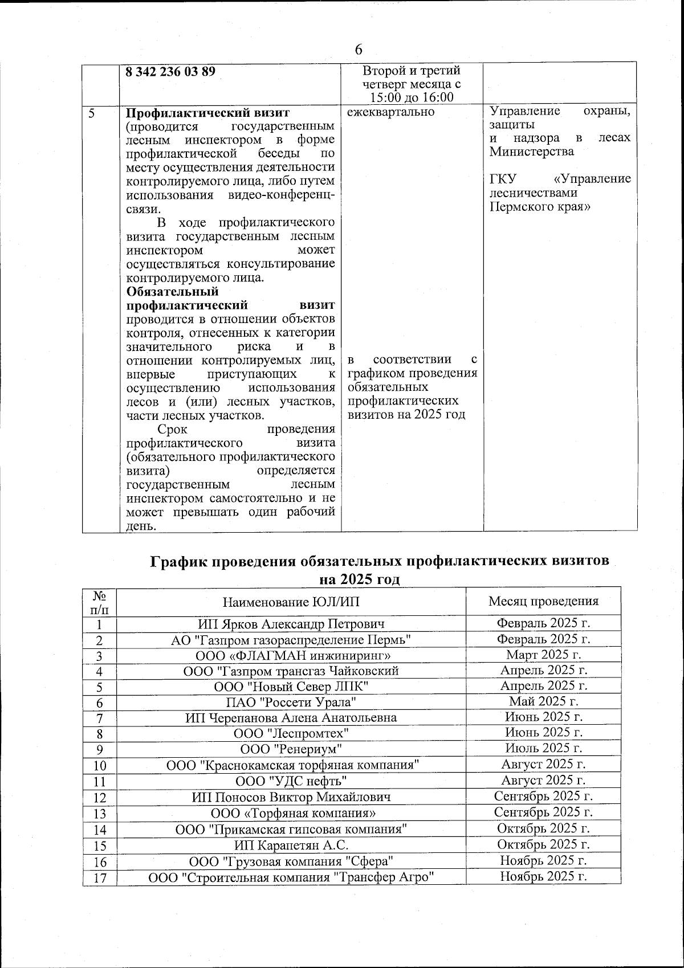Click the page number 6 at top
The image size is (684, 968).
click(359, 49)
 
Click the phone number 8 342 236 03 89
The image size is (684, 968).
click(170, 72)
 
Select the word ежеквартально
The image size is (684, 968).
click(390, 112)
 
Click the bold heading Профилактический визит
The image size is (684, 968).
click(208, 112)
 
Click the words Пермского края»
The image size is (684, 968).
click(540, 206)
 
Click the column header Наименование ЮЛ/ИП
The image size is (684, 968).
click(291, 601)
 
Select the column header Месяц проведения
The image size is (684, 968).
click(543, 601)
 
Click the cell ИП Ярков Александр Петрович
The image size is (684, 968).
click(291, 624)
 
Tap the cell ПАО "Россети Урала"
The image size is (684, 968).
click(291, 702)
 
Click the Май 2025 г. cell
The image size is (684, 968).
click(543, 701)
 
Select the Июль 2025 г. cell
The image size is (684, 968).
click(543, 748)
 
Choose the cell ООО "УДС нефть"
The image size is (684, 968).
click(291, 780)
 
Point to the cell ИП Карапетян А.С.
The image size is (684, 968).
click(291, 844)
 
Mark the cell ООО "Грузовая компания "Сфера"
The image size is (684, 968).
click(291, 860)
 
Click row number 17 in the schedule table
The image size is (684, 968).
click(100, 877)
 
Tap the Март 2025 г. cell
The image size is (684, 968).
click(543, 655)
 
